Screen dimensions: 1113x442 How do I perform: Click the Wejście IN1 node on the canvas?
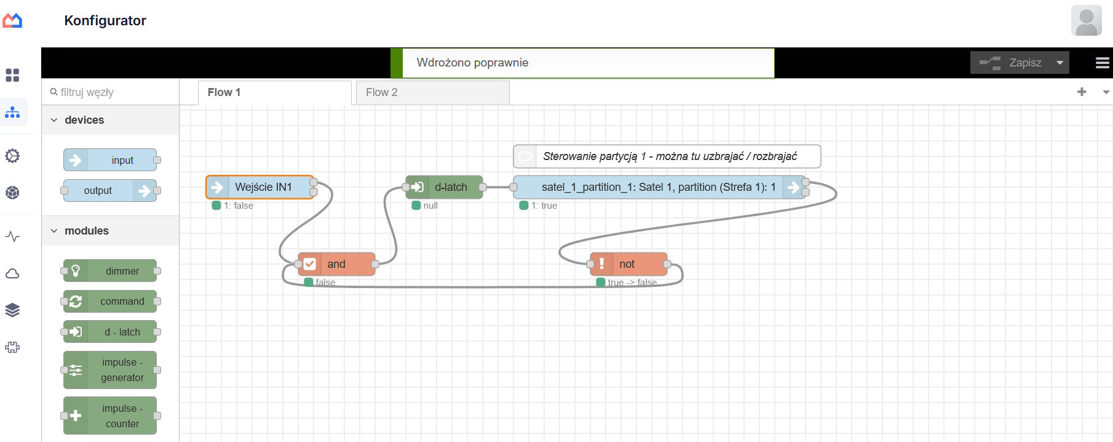(260, 187)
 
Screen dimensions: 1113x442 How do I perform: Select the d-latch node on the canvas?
(444, 187)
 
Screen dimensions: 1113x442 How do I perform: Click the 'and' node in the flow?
(336, 264)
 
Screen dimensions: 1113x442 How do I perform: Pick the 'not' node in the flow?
(628, 264)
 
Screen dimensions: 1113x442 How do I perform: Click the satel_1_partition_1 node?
(659, 187)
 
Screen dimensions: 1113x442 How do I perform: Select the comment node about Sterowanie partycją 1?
(667, 156)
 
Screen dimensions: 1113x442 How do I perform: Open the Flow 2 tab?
(432, 92)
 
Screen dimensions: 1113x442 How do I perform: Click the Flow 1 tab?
(274, 92)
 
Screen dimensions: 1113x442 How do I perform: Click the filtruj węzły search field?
(111, 92)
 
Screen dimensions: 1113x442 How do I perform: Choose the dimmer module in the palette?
(110, 271)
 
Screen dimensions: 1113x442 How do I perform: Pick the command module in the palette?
(110, 301)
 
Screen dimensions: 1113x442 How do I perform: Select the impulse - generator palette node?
(110, 370)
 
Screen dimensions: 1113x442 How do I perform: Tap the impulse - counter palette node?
(110, 416)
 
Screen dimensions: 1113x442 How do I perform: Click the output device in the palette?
(110, 191)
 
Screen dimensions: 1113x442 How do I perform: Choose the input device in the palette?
(110, 160)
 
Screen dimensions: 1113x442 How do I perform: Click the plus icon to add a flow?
(1082, 92)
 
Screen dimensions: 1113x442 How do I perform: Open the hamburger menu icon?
(1103, 63)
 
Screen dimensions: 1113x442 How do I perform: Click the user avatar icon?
(1087, 20)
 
